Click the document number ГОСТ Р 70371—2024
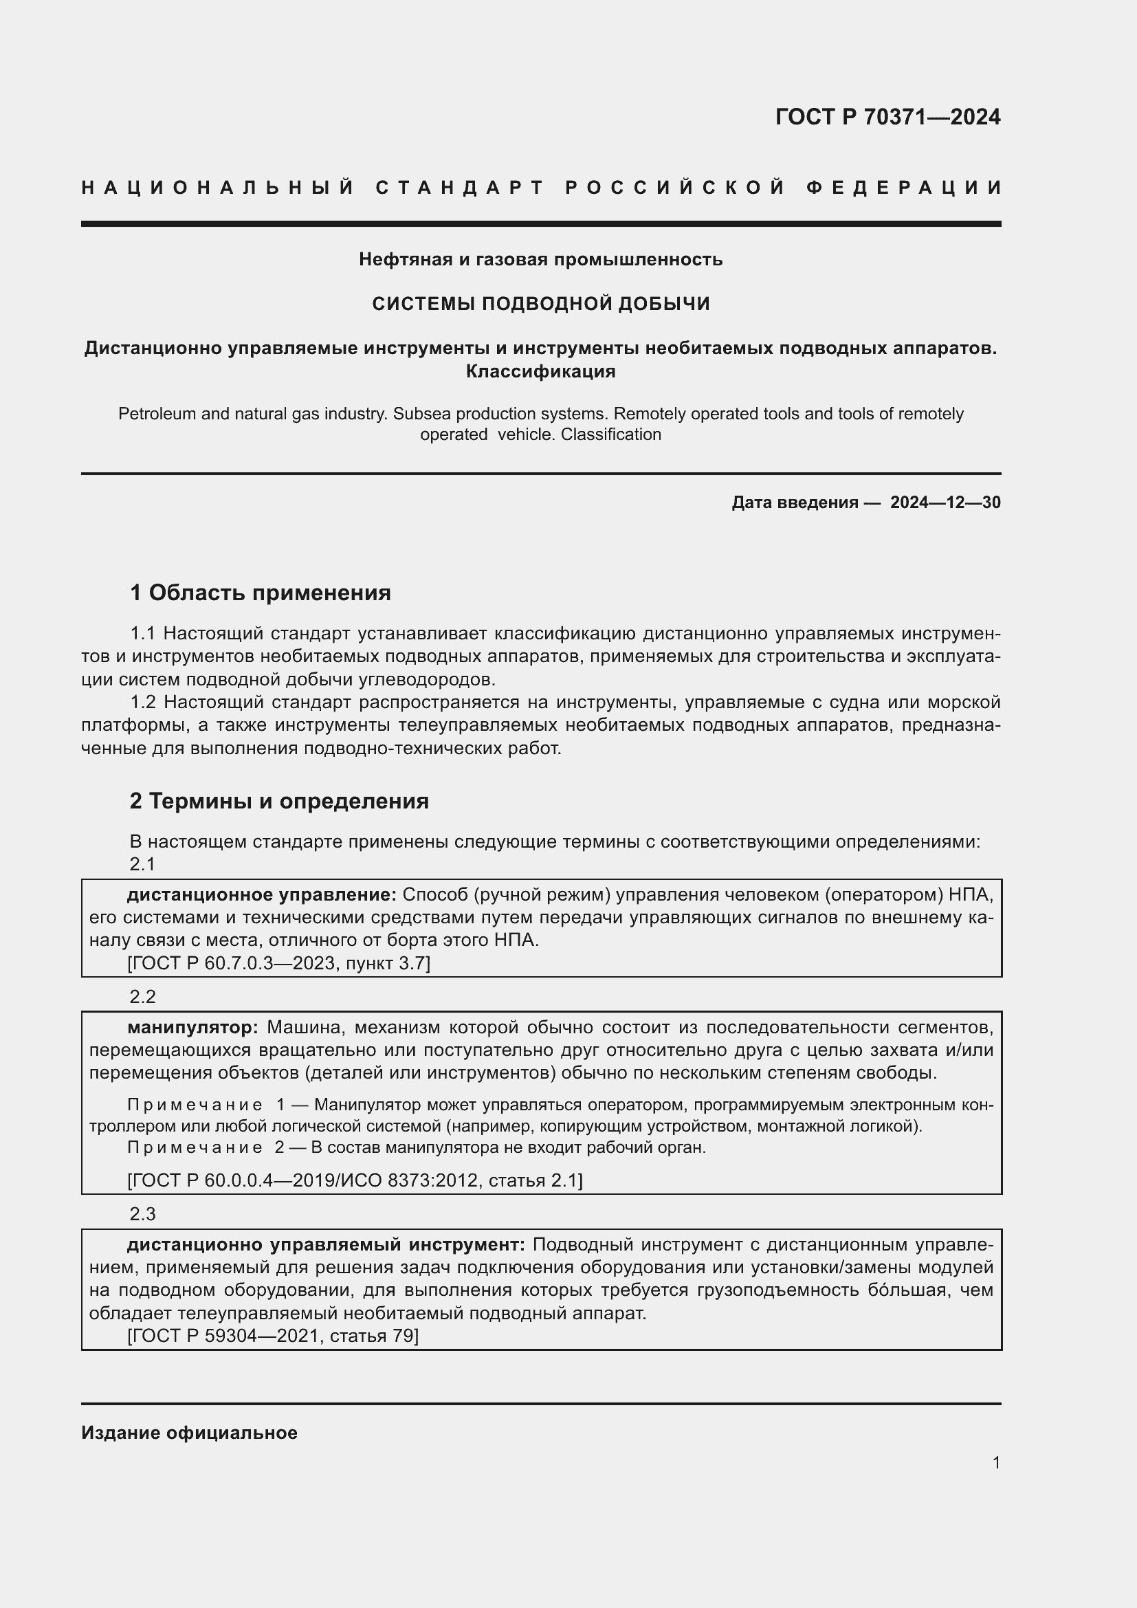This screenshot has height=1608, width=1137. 887,117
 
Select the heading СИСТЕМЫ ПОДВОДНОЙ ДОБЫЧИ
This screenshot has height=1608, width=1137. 540,304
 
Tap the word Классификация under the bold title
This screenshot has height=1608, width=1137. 540,372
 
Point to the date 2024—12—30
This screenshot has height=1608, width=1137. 945,502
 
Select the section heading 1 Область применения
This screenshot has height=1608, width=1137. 260,593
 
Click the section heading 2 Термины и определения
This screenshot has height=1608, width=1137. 278,801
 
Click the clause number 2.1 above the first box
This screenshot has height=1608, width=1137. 142,864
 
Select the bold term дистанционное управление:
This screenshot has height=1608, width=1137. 261,895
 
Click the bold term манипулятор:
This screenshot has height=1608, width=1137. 192,1027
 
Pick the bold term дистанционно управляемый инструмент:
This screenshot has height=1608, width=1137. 326,1245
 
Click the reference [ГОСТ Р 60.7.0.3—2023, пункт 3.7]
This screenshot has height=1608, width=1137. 278,964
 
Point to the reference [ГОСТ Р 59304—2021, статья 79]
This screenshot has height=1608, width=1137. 273,1336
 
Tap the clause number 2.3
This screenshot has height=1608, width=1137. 142,1213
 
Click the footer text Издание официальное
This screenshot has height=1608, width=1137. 189,1433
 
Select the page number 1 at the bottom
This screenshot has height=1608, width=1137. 995,1463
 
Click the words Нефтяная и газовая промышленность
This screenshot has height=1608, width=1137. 540,260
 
